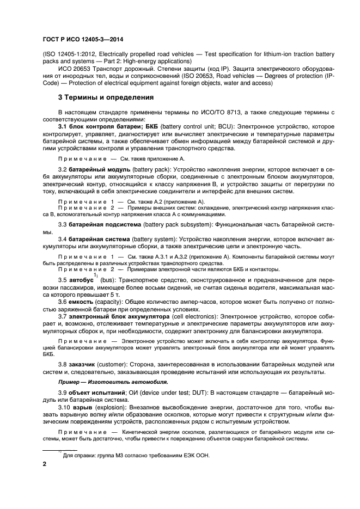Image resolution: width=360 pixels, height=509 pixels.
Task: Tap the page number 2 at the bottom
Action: click(x=45, y=464)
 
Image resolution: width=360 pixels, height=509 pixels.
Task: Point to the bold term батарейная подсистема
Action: click(x=104, y=224)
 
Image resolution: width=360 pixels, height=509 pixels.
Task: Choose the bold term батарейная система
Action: click(x=99, y=239)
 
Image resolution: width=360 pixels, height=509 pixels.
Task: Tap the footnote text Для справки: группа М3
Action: click(x=136, y=455)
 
